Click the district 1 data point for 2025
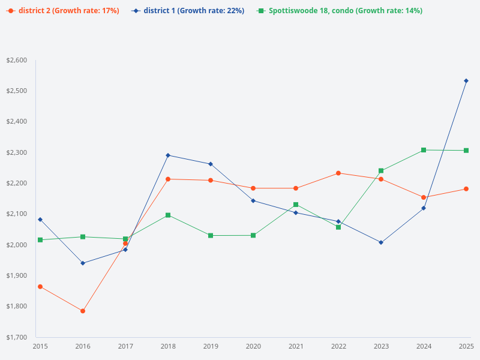pos(466,80)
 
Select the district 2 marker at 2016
pos(83,311)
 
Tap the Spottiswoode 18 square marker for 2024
pos(424,150)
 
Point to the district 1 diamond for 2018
pos(168,155)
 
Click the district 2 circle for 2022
pos(338,173)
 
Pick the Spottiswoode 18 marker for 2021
pos(296,205)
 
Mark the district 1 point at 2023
pos(381,242)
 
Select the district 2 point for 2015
pos(40,287)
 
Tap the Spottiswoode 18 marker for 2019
pos(211,235)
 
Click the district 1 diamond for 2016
pos(83,263)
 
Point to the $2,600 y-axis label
pos(17,61)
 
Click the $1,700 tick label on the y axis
pos(17,337)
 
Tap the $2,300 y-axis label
pos(17,153)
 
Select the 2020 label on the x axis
pos(253,346)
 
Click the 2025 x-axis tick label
pos(466,346)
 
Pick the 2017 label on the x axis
pos(125,346)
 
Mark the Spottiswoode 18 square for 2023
pos(381,171)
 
